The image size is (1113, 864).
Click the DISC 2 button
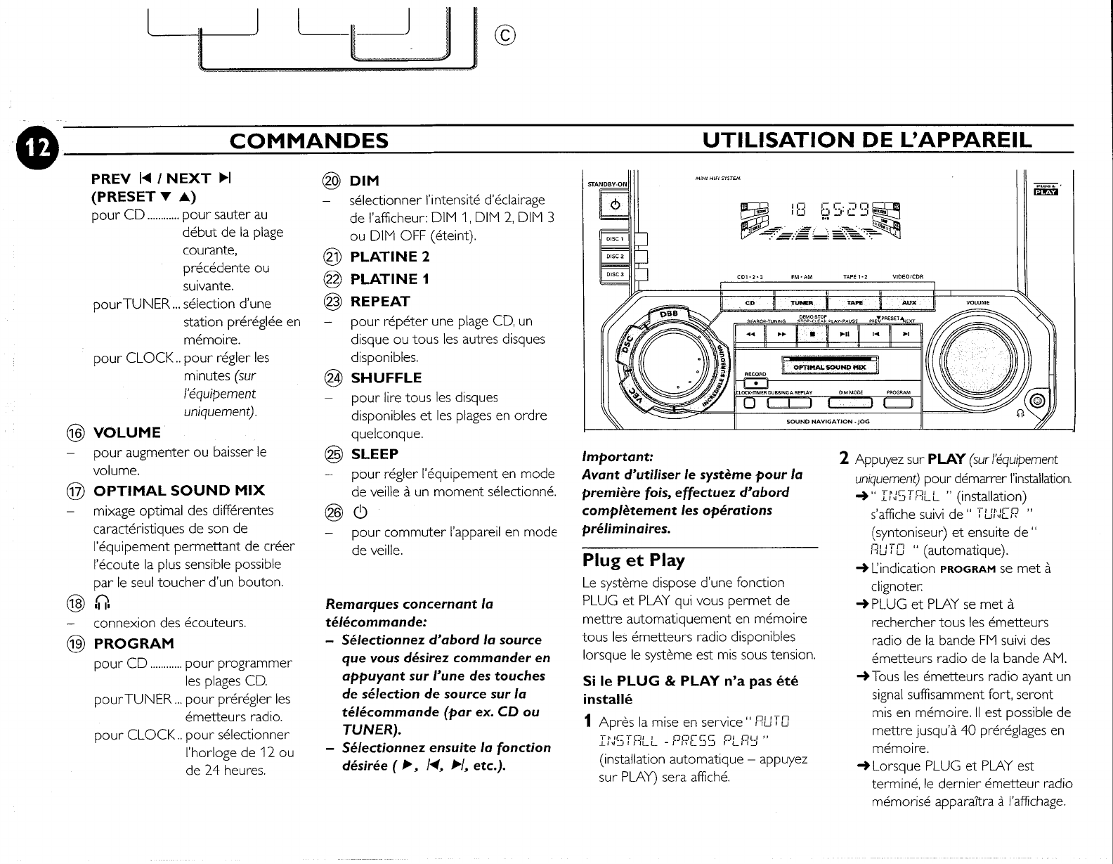(x=616, y=256)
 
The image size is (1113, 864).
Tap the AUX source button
(x=909, y=303)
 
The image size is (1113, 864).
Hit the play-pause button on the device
(x=843, y=335)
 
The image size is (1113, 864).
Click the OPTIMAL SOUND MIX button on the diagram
(x=830, y=367)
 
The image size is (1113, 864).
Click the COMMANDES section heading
(x=309, y=141)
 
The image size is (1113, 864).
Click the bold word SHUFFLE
(x=386, y=378)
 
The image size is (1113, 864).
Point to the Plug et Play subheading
(x=633, y=560)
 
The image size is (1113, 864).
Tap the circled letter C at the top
(x=505, y=33)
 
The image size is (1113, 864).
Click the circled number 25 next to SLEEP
(x=330, y=454)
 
